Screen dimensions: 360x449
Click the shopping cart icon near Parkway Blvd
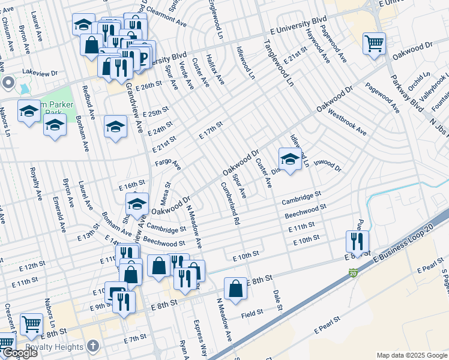tap(374, 43)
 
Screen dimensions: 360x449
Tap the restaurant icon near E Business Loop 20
tap(357, 242)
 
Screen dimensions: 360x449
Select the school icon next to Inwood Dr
tap(290, 160)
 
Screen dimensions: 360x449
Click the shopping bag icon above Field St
tap(236, 289)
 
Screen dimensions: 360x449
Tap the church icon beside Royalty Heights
tap(91, 346)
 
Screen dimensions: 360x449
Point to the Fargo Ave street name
tap(168, 163)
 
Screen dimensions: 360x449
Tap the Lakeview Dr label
tap(40, 72)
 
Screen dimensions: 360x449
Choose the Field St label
tap(252, 313)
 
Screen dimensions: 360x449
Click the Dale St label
tap(277, 299)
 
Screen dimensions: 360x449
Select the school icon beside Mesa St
tap(137, 205)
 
